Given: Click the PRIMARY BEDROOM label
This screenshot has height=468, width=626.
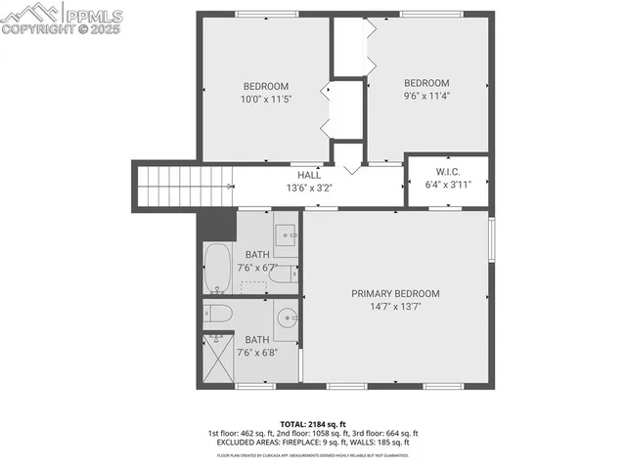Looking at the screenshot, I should [x=395, y=293].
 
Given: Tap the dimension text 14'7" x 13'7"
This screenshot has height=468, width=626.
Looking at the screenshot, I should [x=395, y=307].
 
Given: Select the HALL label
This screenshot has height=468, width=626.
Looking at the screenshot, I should [x=310, y=175].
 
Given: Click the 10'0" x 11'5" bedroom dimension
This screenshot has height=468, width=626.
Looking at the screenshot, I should [x=267, y=99].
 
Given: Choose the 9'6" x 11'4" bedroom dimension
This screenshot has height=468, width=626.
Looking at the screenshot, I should [x=426, y=96].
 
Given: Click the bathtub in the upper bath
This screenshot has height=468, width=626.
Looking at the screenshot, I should [x=217, y=269].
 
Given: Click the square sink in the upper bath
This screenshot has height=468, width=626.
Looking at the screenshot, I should [x=286, y=234].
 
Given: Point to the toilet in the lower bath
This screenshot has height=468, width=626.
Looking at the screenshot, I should [x=218, y=314].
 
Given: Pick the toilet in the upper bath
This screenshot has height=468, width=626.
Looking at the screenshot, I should [x=282, y=275].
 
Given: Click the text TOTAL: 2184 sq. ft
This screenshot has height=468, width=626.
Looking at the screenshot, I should [x=312, y=422].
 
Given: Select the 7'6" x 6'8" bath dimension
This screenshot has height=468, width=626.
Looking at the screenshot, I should [x=257, y=353].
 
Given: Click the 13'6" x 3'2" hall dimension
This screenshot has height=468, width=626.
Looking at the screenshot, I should [x=310, y=188].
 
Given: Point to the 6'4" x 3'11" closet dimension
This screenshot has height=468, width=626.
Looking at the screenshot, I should [x=447, y=184].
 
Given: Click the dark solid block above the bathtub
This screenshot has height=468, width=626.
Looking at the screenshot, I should [x=217, y=225].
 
